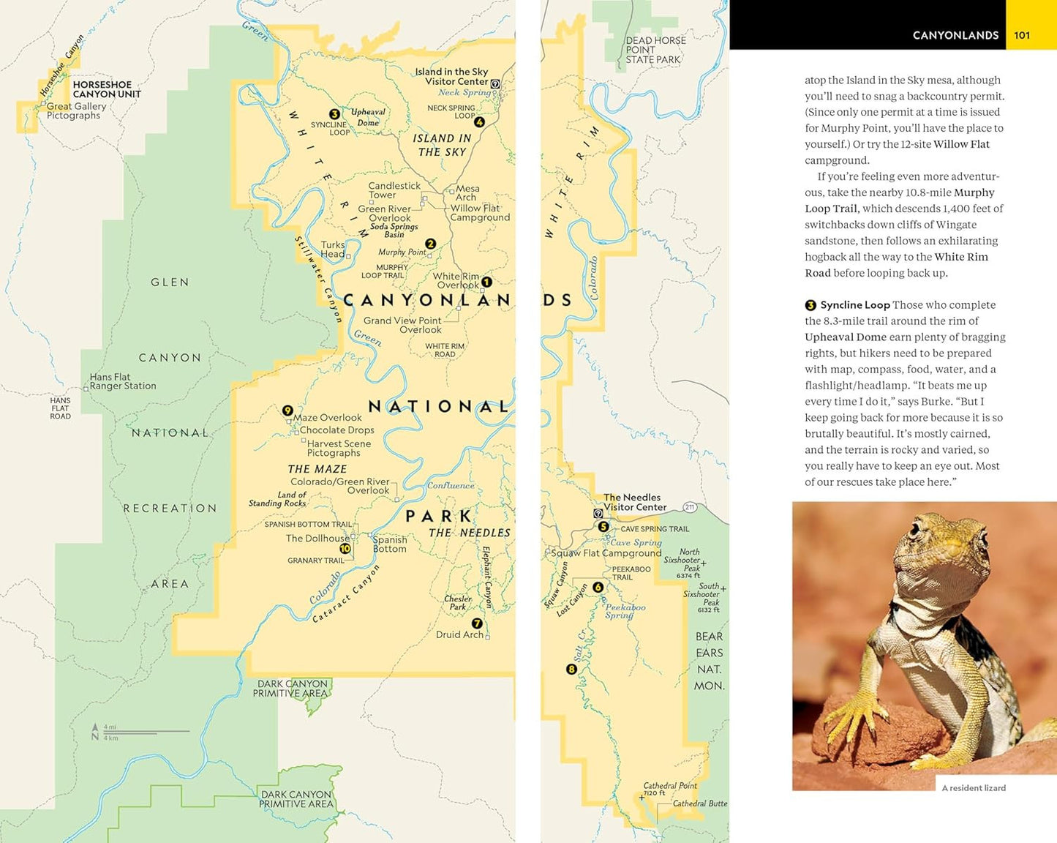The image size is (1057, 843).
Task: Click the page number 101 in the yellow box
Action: click(1022, 35)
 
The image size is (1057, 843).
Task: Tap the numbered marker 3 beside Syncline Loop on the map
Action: click(334, 114)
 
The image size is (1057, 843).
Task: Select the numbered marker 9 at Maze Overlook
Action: click(287, 411)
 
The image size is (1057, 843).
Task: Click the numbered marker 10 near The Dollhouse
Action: click(345, 548)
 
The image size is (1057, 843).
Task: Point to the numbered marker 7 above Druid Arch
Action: click(477, 623)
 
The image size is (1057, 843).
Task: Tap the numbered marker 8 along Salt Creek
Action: click(571, 669)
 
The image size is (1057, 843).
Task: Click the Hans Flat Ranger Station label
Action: click(122, 381)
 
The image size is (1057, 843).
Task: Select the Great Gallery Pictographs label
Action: click(76, 110)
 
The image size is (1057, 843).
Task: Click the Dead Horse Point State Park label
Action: click(655, 50)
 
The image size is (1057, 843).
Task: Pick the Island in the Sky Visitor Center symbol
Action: click(495, 84)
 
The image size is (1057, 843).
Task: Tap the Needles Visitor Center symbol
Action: click(598, 514)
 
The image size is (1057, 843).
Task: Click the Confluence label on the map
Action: click(451, 485)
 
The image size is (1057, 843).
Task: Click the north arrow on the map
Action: click(95, 731)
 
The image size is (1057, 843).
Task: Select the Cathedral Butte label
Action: click(699, 803)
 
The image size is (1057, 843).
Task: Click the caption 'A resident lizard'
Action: click(973, 788)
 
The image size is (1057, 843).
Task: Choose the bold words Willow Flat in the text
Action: click(961, 144)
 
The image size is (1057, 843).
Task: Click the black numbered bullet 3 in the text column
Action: click(810, 305)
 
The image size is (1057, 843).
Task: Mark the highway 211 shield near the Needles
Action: click(689, 507)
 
